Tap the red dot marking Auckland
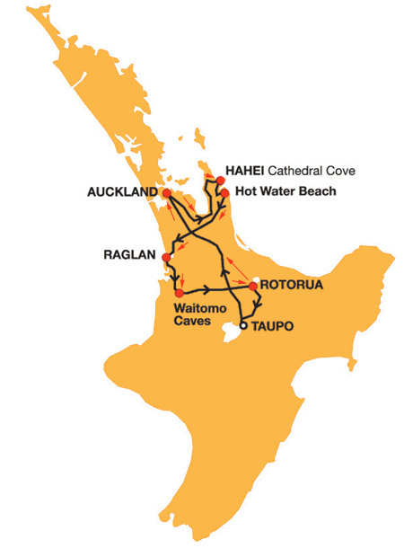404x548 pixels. point(166,192)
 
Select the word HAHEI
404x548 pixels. point(242,170)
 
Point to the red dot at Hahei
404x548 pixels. point(215,180)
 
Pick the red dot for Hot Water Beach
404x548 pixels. point(225,192)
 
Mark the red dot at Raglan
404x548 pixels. point(166,259)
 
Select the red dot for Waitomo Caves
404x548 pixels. point(180,293)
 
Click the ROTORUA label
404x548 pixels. point(292,285)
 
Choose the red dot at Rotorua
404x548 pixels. point(254,286)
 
